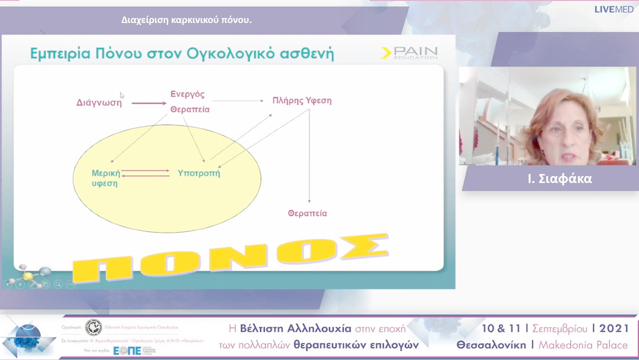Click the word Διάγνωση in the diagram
(99, 102)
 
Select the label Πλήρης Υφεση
(302, 101)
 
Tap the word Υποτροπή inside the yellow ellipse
(199, 173)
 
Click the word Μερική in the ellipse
(106, 173)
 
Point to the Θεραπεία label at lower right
(307, 213)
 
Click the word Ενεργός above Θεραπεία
(188, 94)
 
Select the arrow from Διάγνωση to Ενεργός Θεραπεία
(149, 103)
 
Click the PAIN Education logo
(409, 53)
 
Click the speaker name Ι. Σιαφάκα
(551, 178)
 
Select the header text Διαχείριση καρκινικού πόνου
(186, 20)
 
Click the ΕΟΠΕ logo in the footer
(127, 350)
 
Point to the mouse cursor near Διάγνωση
(122, 95)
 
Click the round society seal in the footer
(93, 327)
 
